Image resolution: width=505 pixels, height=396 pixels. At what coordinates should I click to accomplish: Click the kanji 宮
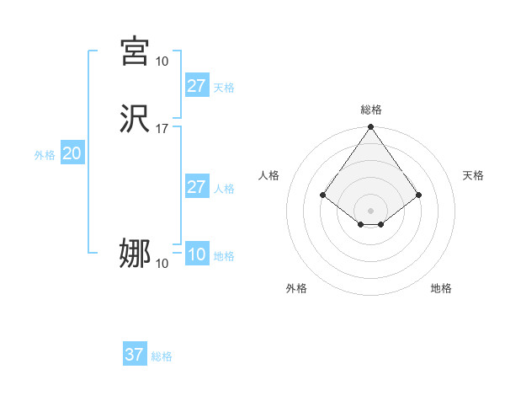(135, 51)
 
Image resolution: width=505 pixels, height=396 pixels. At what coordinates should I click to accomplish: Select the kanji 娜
(135, 254)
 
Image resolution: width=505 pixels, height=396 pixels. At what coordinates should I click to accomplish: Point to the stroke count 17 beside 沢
(162, 129)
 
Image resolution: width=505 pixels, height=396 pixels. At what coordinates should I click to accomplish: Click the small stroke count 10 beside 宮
(162, 61)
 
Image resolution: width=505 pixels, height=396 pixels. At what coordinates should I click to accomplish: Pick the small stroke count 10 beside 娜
(162, 264)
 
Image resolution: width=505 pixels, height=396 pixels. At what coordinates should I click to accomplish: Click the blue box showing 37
(135, 355)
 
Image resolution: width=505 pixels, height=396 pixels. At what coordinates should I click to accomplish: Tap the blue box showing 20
(72, 153)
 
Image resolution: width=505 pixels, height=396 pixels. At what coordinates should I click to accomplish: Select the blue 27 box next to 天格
(196, 86)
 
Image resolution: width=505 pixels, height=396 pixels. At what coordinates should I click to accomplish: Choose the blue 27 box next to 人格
(196, 187)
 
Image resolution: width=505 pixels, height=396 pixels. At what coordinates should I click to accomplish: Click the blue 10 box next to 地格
(196, 254)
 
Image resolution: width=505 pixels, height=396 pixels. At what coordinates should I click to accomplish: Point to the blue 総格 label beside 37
(162, 356)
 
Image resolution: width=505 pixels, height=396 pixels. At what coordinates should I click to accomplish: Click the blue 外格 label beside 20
(45, 155)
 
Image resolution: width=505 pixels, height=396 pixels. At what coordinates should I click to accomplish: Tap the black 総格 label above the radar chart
(371, 110)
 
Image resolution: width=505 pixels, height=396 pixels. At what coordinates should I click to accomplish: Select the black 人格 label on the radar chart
(269, 175)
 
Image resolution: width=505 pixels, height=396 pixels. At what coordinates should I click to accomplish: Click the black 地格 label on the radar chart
(441, 289)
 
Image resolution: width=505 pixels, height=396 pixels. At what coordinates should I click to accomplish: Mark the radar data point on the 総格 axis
(371, 128)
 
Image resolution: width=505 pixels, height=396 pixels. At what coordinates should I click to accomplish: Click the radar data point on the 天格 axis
(419, 195)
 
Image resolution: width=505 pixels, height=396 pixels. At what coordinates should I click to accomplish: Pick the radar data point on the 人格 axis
(322, 195)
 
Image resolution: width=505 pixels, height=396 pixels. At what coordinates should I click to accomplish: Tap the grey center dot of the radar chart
(371, 210)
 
